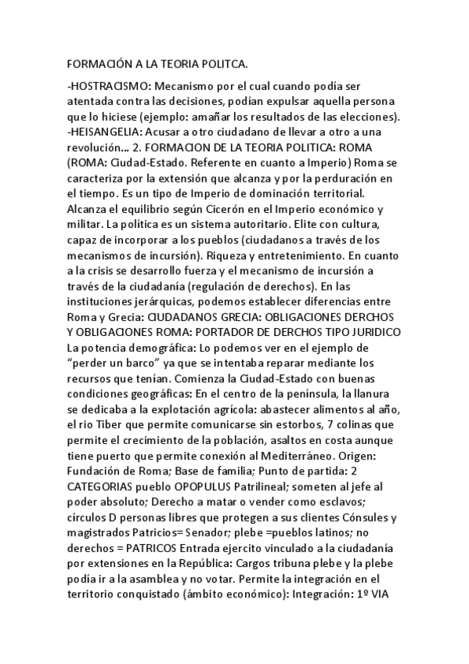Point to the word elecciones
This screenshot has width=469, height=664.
pyautogui.click(x=367, y=117)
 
